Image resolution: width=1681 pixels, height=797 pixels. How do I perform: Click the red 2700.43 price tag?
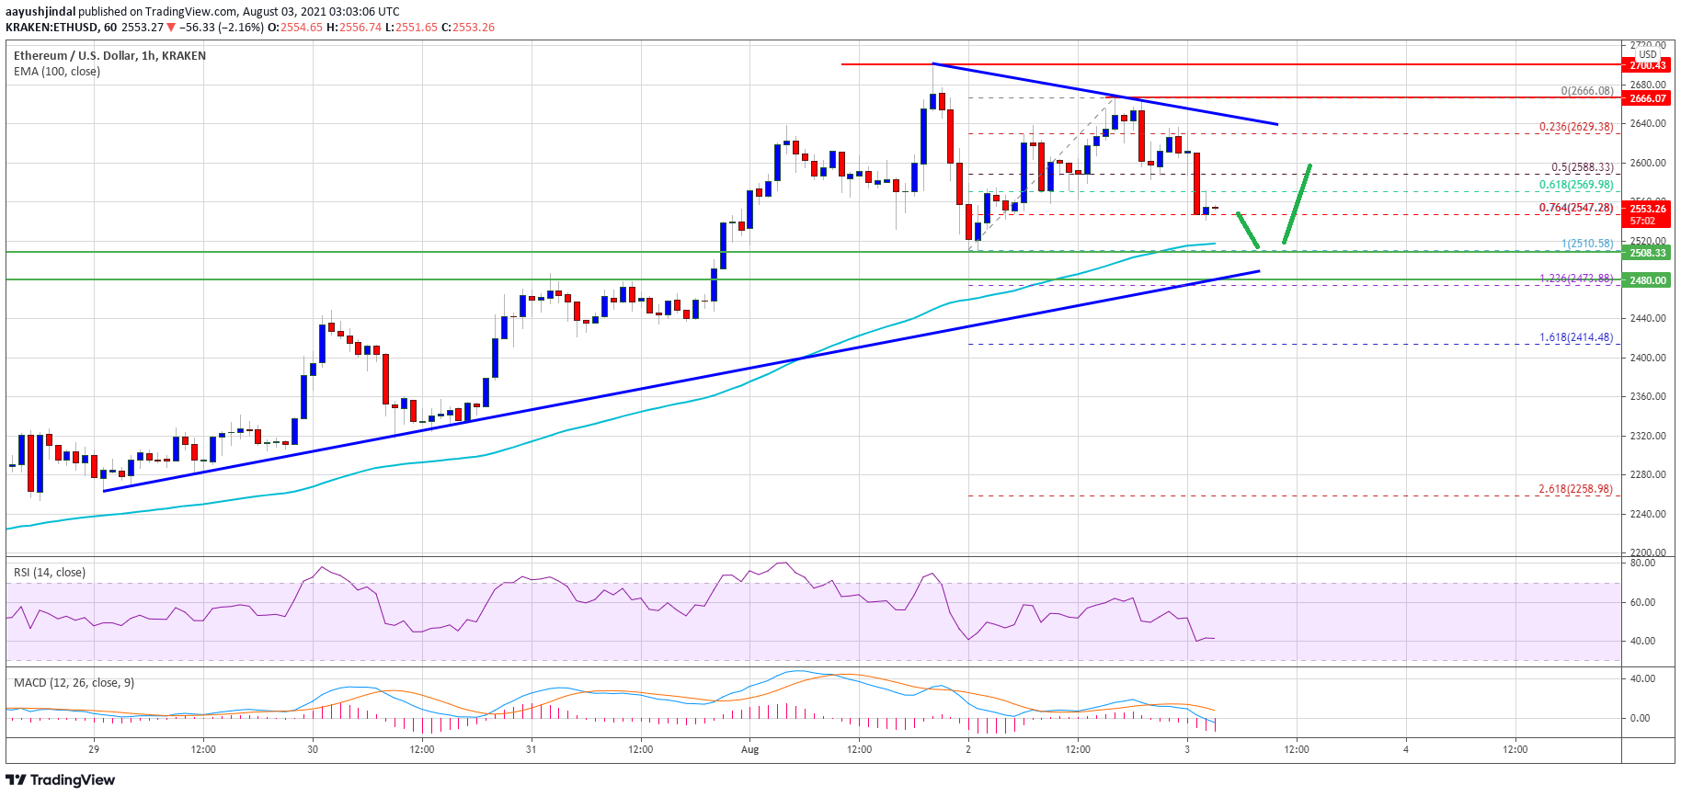click(x=1647, y=65)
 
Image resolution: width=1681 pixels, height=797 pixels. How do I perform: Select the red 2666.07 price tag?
click(x=1647, y=98)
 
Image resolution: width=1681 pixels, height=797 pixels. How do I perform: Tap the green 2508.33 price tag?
click(x=1647, y=253)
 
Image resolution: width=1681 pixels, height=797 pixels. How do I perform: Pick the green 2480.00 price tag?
click(x=1647, y=280)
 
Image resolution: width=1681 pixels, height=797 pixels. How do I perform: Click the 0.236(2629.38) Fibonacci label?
click(x=1575, y=127)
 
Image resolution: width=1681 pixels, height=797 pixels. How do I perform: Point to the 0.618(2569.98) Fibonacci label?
click(x=1575, y=185)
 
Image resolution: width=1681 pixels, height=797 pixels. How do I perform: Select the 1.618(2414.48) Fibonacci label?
click(x=1575, y=337)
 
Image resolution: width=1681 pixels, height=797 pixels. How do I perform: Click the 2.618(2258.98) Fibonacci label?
click(x=1575, y=489)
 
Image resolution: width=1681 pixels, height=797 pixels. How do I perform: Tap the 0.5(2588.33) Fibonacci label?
click(x=1582, y=167)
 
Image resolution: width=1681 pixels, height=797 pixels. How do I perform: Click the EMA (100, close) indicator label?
click(x=57, y=72)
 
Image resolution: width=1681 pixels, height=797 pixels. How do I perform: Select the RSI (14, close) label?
click(x=50, y=573)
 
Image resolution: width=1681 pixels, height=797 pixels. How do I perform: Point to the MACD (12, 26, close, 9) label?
click(x=74, y=683)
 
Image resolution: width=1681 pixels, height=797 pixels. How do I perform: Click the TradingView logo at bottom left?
click(x=61, y=780)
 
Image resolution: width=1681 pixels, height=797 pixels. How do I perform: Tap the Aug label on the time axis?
click(x=750, y=749)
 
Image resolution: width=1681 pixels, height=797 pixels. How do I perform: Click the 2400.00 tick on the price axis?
click(x=1647, y=358)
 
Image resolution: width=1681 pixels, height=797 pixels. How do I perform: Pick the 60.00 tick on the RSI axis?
click(x=1642, y=602)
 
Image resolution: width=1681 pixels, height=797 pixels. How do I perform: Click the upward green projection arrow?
click(x=1298, y=204)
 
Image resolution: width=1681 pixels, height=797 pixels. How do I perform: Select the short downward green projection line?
click(x=1248, y=230)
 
